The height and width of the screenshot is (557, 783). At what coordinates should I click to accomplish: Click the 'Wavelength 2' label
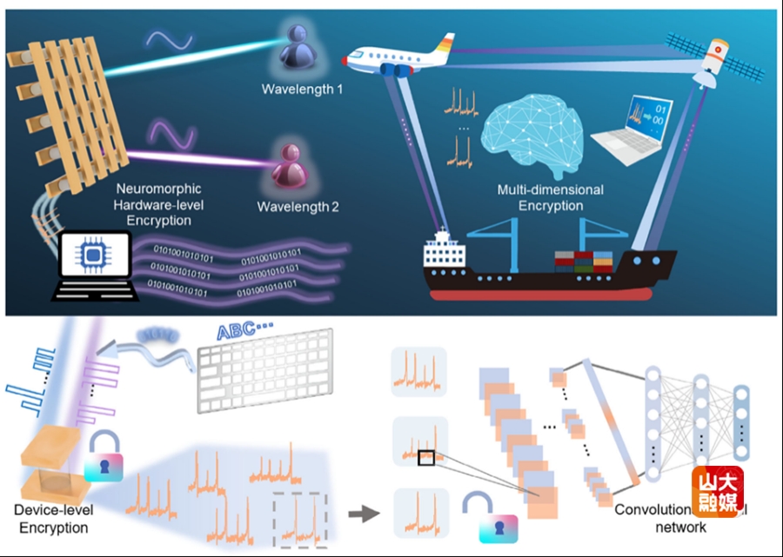click(298, 207)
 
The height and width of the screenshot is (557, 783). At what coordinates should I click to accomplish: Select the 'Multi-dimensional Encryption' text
click(550, 197)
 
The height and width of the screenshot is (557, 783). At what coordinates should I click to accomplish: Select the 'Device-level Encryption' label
click(54, 520)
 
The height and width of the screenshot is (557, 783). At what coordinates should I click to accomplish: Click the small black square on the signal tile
click(425, 458)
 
